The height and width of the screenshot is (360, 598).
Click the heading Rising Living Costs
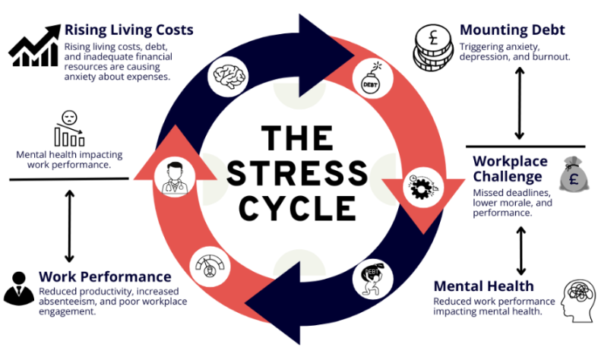tap(128, 30)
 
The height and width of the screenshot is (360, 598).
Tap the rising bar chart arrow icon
tap(34, 46)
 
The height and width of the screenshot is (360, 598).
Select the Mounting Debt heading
tap(511, 30)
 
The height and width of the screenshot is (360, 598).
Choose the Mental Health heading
tap(483, 286)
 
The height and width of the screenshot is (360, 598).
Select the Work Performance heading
tap(105, 276)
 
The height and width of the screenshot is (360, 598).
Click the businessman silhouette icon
tap(19, 288)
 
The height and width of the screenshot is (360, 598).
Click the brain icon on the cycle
tap(229, 75)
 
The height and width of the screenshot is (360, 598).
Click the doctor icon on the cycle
tap(171, 177)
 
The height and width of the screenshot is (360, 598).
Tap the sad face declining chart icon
tap(68, 129)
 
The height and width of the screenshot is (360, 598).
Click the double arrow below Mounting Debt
tap(520, 103)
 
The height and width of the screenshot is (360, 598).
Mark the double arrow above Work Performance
tap(70, 225)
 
